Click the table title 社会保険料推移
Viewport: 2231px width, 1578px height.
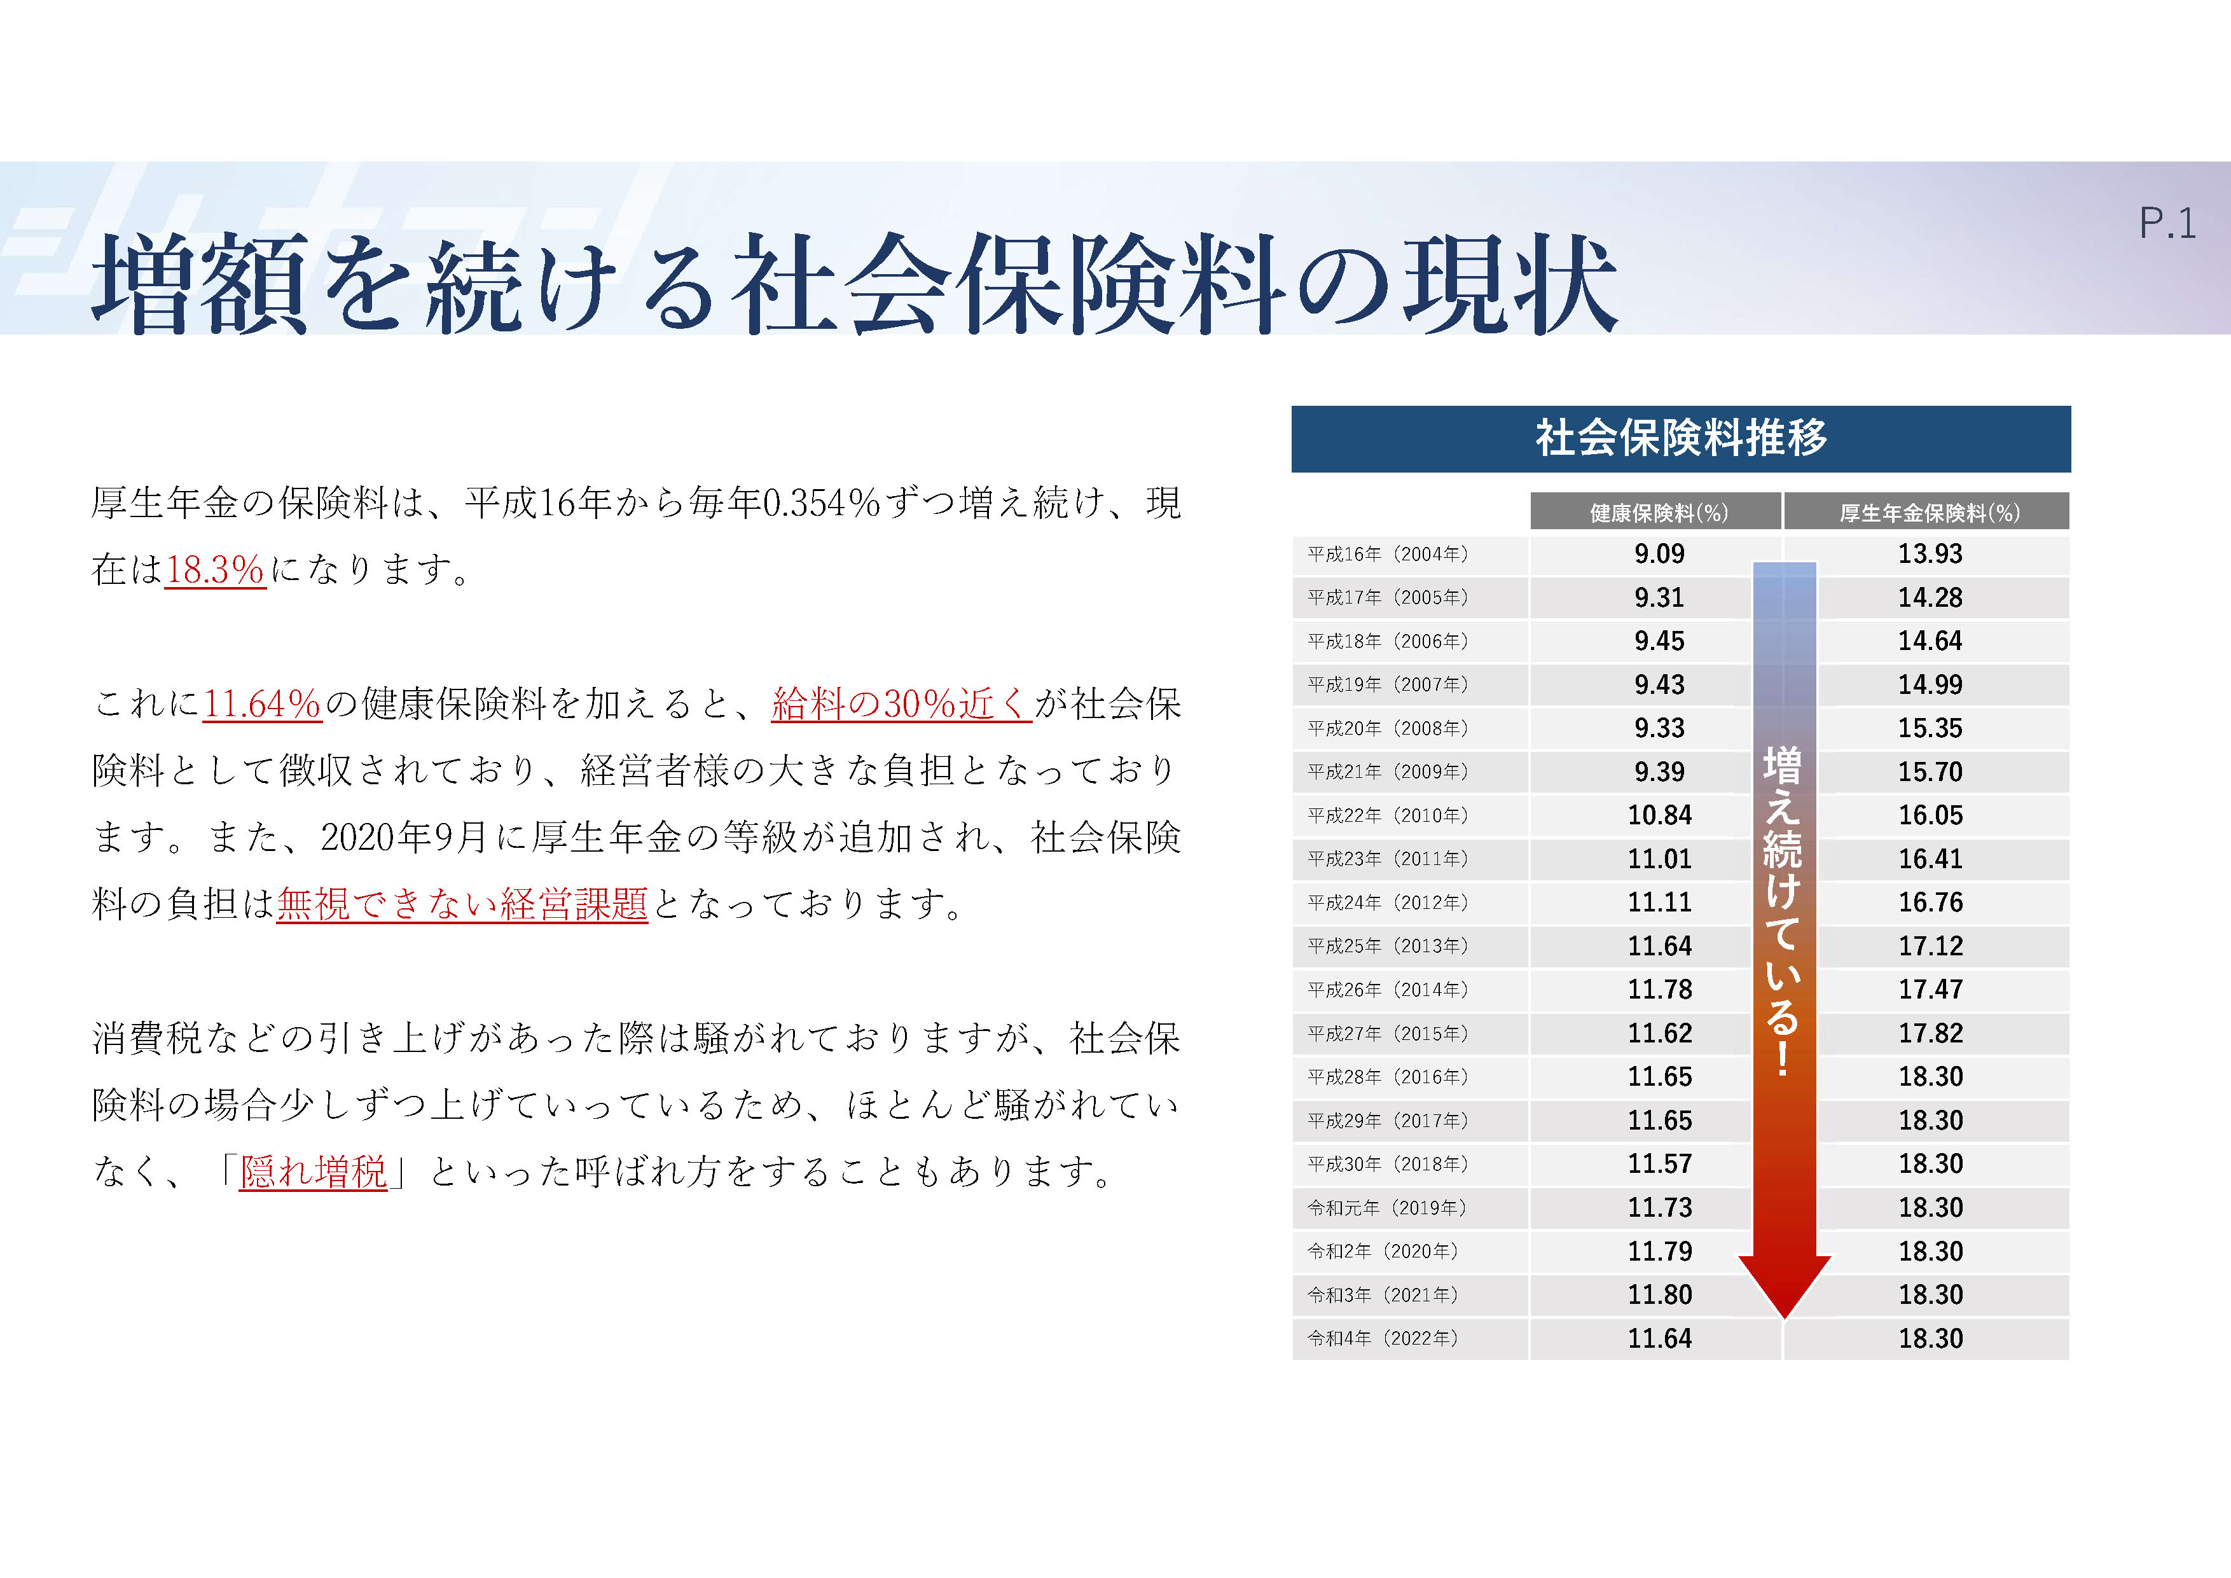[1681, 438]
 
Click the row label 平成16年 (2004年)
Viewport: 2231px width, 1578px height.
[1388, 555]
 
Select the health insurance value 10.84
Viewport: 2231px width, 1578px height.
[1660, 815]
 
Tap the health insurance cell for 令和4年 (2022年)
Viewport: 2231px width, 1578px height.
[1660, 1339]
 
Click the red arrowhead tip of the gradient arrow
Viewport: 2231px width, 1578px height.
[1785, 1318]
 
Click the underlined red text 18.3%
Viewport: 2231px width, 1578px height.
[215, 569]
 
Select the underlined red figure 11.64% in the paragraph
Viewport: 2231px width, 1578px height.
[261, 703]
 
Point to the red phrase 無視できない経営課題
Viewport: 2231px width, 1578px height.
[462, 904]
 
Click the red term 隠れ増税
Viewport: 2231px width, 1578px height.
[313, 1172]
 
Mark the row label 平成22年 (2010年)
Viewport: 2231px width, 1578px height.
[1388, 816]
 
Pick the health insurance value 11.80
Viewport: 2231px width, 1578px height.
[1660, 1295]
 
